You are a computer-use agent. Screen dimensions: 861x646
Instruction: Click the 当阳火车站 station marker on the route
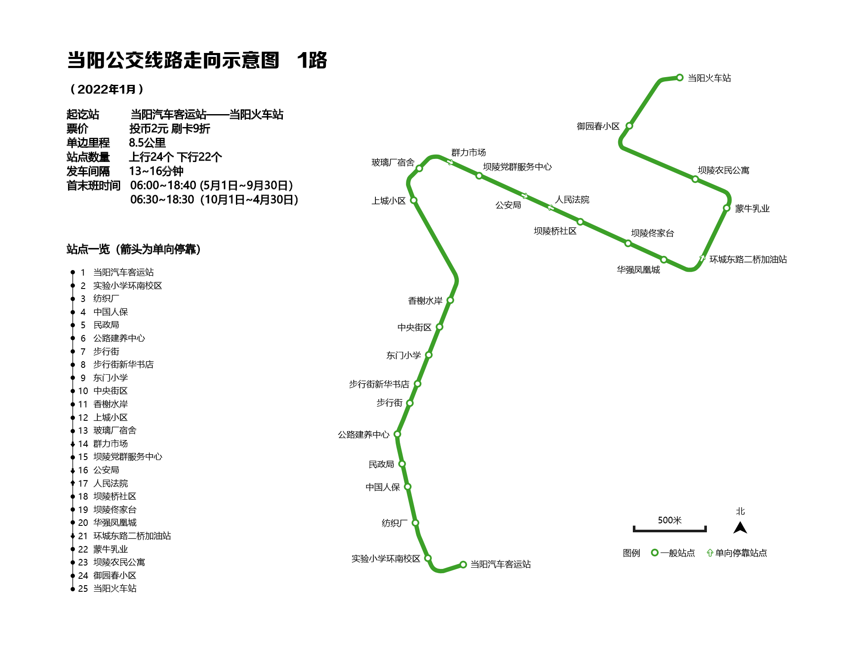click(x=680, y=78)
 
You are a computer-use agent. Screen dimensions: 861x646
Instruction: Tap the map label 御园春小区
click(x=598, y=126)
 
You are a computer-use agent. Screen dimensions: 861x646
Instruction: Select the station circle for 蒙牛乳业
click(x=727, y=208)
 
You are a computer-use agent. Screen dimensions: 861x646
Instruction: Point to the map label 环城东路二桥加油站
click(x=748, y=259)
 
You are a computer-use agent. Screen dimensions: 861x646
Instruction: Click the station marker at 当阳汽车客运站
click(x=463, y=564)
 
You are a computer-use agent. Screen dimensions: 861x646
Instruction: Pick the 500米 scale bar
click(x=669, y=529)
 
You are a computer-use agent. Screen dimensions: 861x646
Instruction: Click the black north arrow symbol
click(x=740, y=528)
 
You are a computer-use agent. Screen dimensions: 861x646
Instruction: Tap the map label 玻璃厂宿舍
click(x=393, y=162)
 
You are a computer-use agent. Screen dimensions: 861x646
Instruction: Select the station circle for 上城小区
click(x=414, y=200)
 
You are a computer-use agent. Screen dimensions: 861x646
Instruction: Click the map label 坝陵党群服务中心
click(x=517, y=167)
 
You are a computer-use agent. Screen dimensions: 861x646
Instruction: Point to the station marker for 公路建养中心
click(x=397, y=434)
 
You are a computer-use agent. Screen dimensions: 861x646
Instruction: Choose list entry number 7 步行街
click(x=106, y=351)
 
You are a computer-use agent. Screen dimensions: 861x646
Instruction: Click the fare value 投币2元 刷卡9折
click(x=170, y=129)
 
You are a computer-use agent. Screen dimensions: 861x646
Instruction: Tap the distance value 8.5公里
click(x=147, y=143)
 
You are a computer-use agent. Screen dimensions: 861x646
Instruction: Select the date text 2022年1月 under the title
click(x=107, y=89)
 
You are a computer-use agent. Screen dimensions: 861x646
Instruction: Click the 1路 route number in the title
click(x=312, y=60)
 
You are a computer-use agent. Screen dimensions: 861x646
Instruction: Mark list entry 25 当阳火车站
click(x=115, y=588)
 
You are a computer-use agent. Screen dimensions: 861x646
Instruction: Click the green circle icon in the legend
click(x=655, y=553)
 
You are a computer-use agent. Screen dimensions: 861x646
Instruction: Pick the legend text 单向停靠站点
click(x=741, y=553)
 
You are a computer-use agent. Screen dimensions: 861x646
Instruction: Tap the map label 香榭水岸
click(x=425, y=301)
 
